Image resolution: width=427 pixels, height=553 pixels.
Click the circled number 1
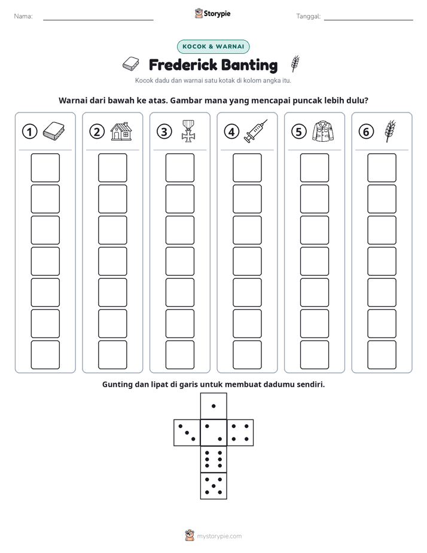tap(29, 132)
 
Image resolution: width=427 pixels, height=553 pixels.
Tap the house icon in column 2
tap(121, 131)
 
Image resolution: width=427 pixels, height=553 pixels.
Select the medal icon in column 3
tap(188, 131)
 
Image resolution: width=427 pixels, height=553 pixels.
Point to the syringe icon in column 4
tap(256, 131)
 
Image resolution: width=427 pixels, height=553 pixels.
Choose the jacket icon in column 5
tap(323, 131)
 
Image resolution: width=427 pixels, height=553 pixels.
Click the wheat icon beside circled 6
tap(391, 131)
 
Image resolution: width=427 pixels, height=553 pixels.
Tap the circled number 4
tap(231, 132)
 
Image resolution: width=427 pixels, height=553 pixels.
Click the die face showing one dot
tap(213, 406)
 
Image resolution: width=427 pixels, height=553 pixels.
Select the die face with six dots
tap(213, 459)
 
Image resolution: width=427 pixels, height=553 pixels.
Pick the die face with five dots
tap(213, 486)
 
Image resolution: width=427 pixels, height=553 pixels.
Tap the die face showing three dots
tap(187, 433)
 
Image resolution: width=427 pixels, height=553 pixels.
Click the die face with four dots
tap(240, 433)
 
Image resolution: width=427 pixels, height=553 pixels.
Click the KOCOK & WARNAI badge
tap(213, 47)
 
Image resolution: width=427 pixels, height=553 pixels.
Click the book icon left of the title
tap(131, 64)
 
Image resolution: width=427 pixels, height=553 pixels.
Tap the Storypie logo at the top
tap(212, 13)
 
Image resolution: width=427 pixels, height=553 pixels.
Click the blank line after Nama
tap(98, 20)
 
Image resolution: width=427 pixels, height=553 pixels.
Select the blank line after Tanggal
tap(368, 20)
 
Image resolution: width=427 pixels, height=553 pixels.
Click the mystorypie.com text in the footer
tap(219, 536)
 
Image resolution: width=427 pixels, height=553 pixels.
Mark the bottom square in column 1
tap(45, 355)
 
